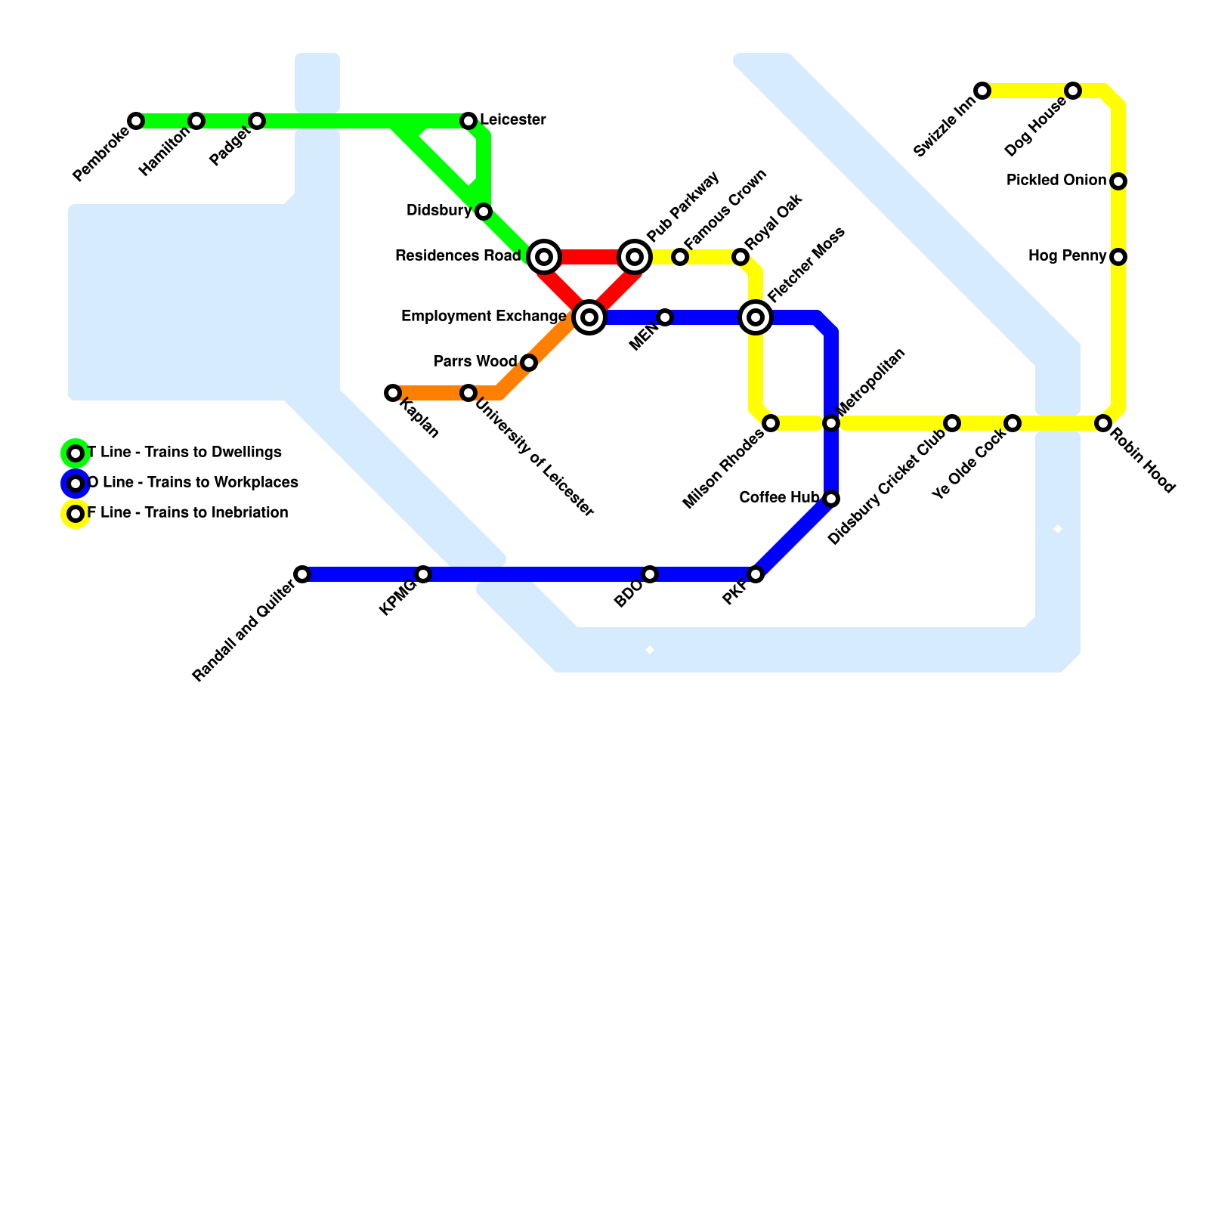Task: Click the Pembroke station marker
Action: pos(136,121)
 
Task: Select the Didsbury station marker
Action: pos(484,212)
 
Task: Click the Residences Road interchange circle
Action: pos(544,257)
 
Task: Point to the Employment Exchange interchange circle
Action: pos(589,317)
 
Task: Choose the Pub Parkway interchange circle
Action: pos(635,257)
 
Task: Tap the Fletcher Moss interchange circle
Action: pos(756,317)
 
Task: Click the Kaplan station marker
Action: pos(393,393)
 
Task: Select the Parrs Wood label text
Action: pos(475,362)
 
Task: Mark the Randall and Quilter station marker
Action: pos(302,574)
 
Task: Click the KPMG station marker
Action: pos(423,574)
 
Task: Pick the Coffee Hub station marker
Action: pos(831,499)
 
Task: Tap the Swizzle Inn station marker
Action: pos(982,91)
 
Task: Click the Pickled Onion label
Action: pos(1056,181)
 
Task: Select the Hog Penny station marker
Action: pos(1118,257)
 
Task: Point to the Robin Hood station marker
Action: pos(1103,423)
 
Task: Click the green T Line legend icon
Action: pos(76,453)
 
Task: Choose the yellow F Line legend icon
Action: pos(76,514)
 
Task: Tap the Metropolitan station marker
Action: pos(831,423)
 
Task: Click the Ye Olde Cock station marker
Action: pos(1013,423)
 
